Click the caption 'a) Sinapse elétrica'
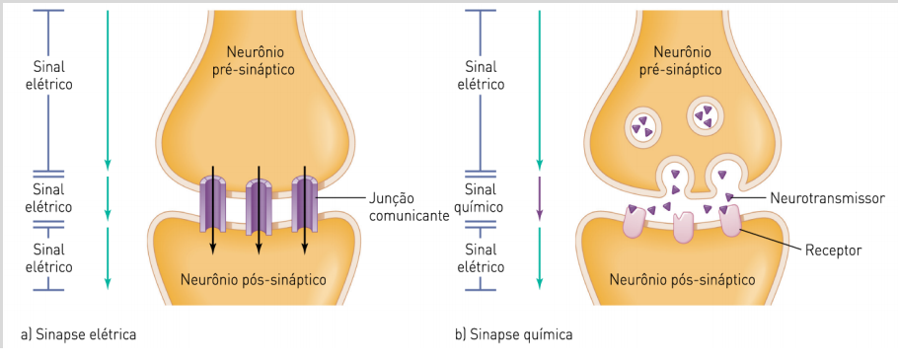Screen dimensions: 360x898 [x=78, y=334]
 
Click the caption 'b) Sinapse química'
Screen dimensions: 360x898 [x=513, y=334]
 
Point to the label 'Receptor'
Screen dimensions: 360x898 [x=833, y=251]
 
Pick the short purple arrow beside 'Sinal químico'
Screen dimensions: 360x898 [x=539, y=197]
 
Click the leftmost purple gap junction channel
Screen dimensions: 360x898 [x=213, y=201]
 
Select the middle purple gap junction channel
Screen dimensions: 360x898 [x=259, y=203]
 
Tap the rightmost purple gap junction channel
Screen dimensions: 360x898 [x=304, y=201]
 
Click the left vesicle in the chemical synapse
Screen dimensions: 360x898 [x=643, y=124]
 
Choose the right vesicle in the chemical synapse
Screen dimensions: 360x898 [x=707, y=116]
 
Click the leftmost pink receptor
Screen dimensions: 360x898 [x=633, y=222]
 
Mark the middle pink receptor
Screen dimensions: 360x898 [x=683, y=227]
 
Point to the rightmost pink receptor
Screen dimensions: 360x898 [x=731, y=219]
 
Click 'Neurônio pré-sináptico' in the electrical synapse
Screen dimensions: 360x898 [x=252, y=58]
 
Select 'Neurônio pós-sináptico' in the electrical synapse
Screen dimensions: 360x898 [x=253, y=279]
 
